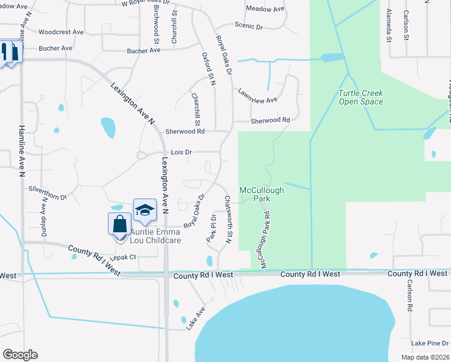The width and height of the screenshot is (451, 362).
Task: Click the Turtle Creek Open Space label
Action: [x=361, y=97]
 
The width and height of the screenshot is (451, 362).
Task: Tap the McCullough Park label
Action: [x=262, y=194]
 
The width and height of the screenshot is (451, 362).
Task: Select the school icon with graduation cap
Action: [x=145, y=211]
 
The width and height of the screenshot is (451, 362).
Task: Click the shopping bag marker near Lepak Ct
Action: [x=120, y=224]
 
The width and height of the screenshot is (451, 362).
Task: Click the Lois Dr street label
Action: [x=181, y=153]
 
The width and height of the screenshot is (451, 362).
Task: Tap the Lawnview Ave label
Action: [x=257, y=96]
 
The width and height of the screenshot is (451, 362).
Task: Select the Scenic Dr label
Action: [x=248, y=27]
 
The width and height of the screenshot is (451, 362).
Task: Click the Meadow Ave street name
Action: [x=265, y=9]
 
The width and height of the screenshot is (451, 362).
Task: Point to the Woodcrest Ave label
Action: [x=60, y=31]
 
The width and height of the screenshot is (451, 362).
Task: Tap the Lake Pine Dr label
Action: [x=429, y=343]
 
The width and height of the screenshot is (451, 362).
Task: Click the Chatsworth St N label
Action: [x=228, y=219]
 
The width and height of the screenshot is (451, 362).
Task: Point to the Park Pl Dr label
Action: [x=211, y=227]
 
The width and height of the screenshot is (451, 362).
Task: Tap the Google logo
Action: [x=20, y=355]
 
